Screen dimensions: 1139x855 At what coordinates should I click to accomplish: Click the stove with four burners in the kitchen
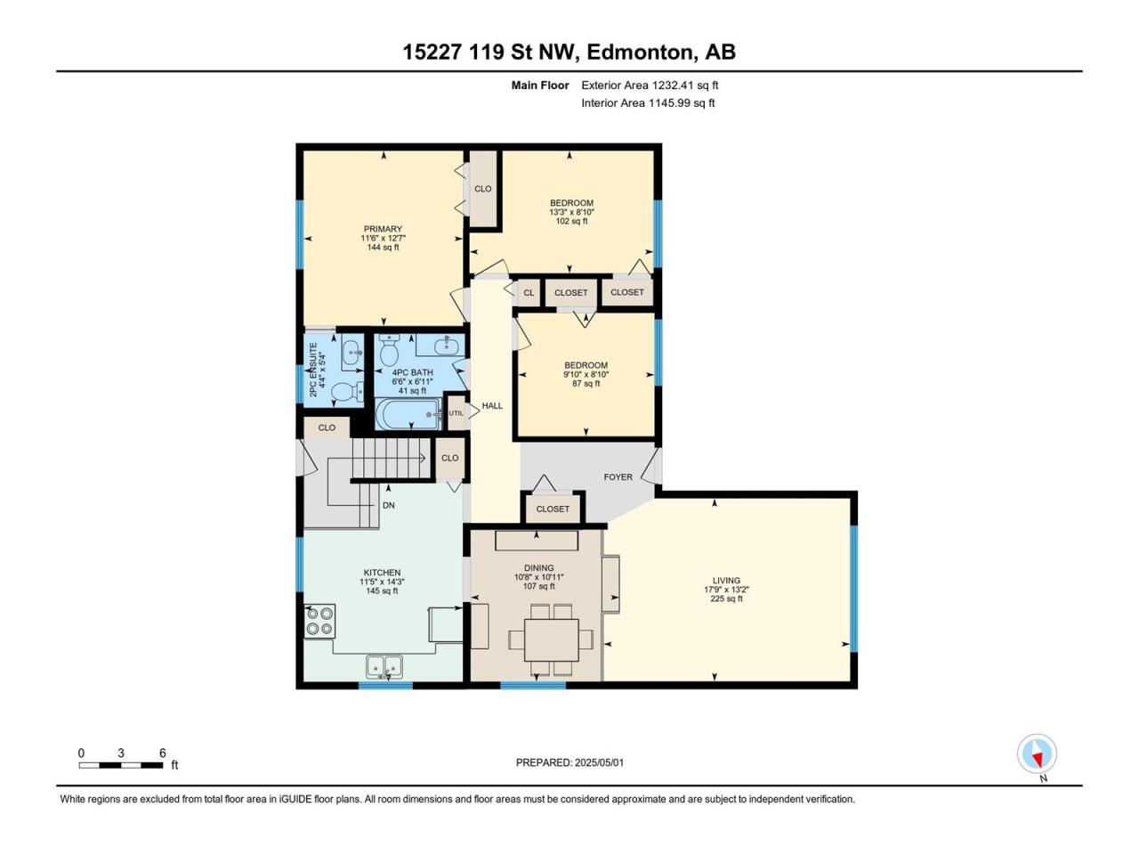tap(319, 621)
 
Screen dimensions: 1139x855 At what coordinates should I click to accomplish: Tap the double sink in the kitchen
tap(384, 666)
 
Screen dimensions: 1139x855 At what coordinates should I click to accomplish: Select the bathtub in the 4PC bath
tap(408, 414)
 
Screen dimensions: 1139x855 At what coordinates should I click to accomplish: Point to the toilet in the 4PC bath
tap(389, 350)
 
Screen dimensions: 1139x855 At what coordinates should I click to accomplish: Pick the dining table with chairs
tap(551, 639)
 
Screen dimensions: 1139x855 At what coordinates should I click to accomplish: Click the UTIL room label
tap(456, 413)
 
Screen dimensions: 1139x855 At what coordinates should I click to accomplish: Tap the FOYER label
tap(618, 476)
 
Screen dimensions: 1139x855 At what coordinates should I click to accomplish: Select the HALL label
tap(492, 405)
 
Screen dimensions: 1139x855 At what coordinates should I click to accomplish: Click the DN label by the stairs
tap(388, 505)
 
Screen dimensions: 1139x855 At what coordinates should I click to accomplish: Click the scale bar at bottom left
tap(121, 765)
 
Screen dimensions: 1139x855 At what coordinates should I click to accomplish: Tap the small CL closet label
tap(529, 293)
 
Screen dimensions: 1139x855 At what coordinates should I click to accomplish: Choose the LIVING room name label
tap(726, 581)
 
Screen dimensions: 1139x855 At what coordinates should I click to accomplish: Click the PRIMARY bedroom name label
tap(383, 229)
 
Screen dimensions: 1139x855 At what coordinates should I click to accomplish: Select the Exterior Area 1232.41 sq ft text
tap(650, 85)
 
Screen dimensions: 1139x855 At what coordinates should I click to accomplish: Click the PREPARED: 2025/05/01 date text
tap(569, 762)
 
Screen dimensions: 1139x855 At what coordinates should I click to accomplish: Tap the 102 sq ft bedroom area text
tap(571, 221)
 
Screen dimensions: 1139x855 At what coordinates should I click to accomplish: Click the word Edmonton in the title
tap(642, 53)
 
